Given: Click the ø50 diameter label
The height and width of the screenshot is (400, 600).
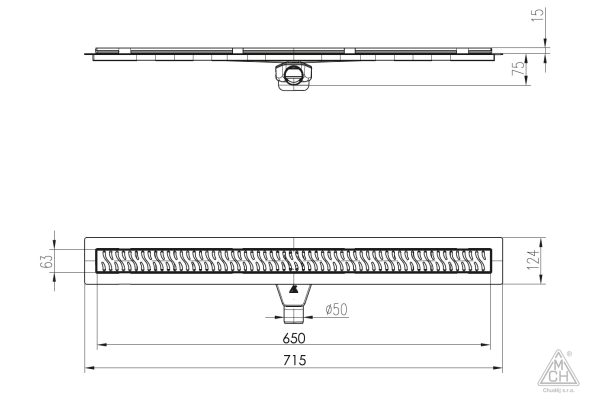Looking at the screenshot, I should click(x=335, y=311).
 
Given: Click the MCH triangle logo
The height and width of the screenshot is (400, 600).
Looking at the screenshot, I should click(x=556, y=371).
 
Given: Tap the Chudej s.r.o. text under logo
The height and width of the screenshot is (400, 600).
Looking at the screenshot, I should click(x=556, y=392).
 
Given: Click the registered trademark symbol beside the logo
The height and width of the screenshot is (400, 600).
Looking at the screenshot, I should click(x=570, y=353).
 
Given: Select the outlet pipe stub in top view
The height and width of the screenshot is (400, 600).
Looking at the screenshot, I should click(x=294, y=313).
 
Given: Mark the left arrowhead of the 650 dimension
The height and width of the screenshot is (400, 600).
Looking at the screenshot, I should click(x=99, y=347).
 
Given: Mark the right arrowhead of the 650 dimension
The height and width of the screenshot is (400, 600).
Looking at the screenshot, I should click(x=487, y=347).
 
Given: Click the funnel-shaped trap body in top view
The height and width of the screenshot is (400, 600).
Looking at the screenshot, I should click(x=294, y=294).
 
